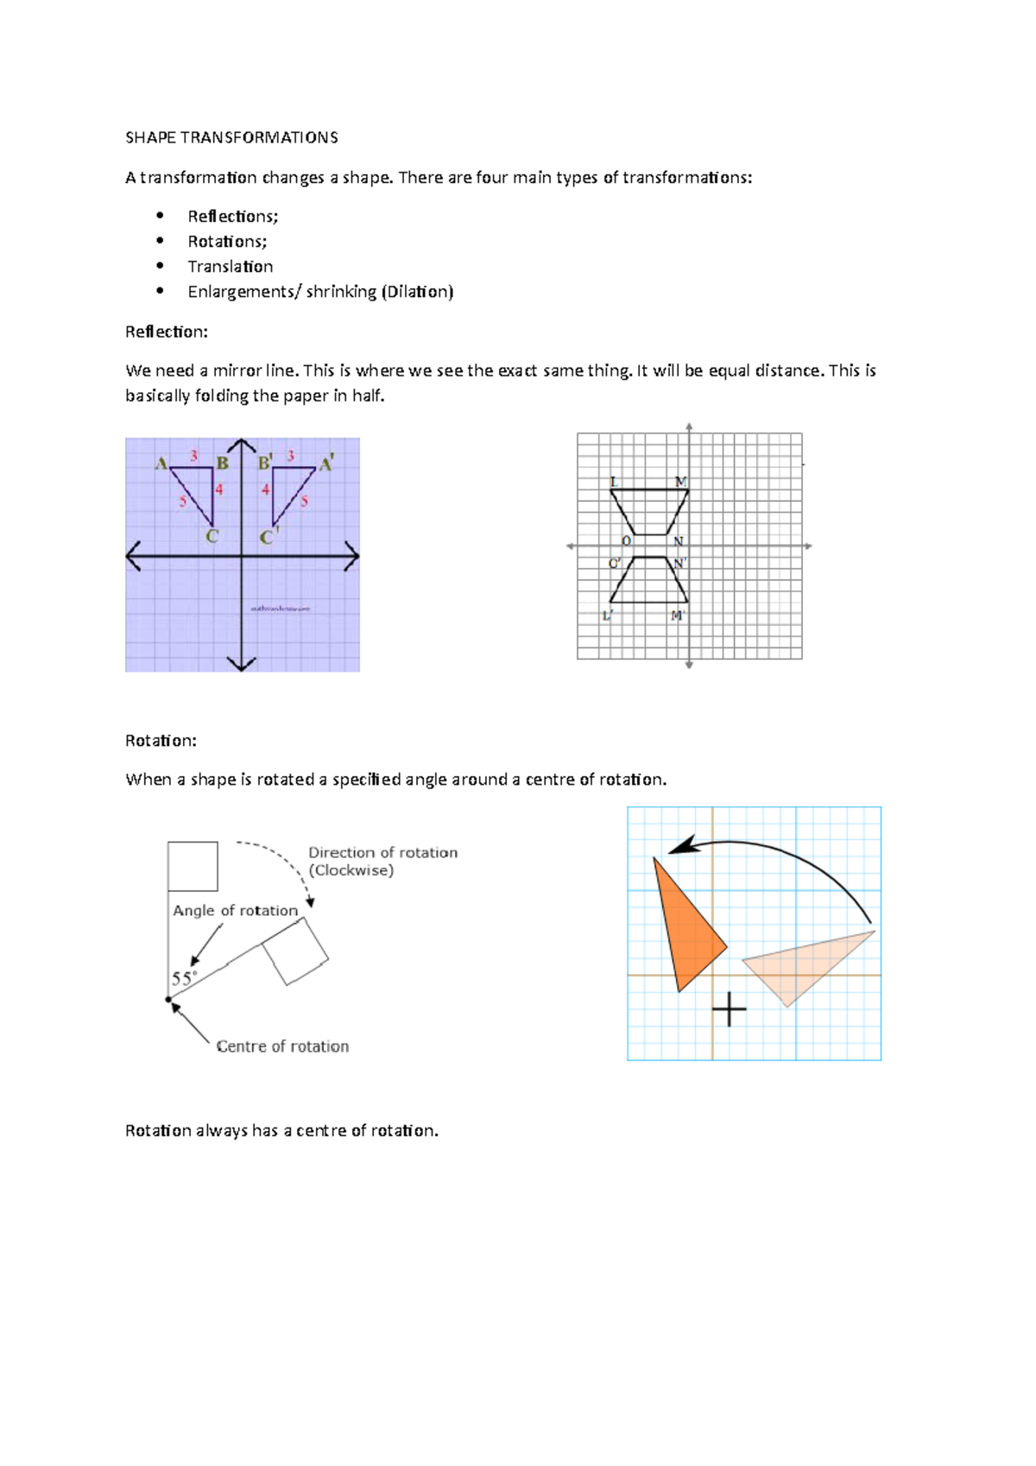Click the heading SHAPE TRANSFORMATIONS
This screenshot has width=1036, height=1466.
point(231,137)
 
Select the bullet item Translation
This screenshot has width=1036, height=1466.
point(230,266)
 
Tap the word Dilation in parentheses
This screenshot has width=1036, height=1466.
point(418,292)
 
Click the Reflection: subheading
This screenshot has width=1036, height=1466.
point(166,332)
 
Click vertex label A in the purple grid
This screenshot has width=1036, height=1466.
point(161,464)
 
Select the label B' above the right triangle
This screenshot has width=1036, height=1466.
point(265,463)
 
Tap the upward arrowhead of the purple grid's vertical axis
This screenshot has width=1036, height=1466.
point(242,445)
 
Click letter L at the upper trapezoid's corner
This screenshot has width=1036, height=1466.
point(614,482)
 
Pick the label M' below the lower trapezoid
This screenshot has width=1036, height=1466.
point(678,616)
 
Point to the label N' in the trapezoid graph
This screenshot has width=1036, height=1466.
point(680,563)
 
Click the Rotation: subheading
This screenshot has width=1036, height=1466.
point(161,741)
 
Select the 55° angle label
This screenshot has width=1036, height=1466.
point(184,978)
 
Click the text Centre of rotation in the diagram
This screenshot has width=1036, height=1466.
point(282,1046)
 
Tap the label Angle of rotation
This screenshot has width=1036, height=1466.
point(235,910)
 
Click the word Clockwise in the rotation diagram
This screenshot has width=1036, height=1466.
point(351,870)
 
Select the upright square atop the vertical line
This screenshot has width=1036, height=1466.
point(193,866)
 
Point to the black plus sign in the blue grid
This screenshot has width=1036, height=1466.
point(730,1009)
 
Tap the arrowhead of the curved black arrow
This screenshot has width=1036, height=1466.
point(682,846)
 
